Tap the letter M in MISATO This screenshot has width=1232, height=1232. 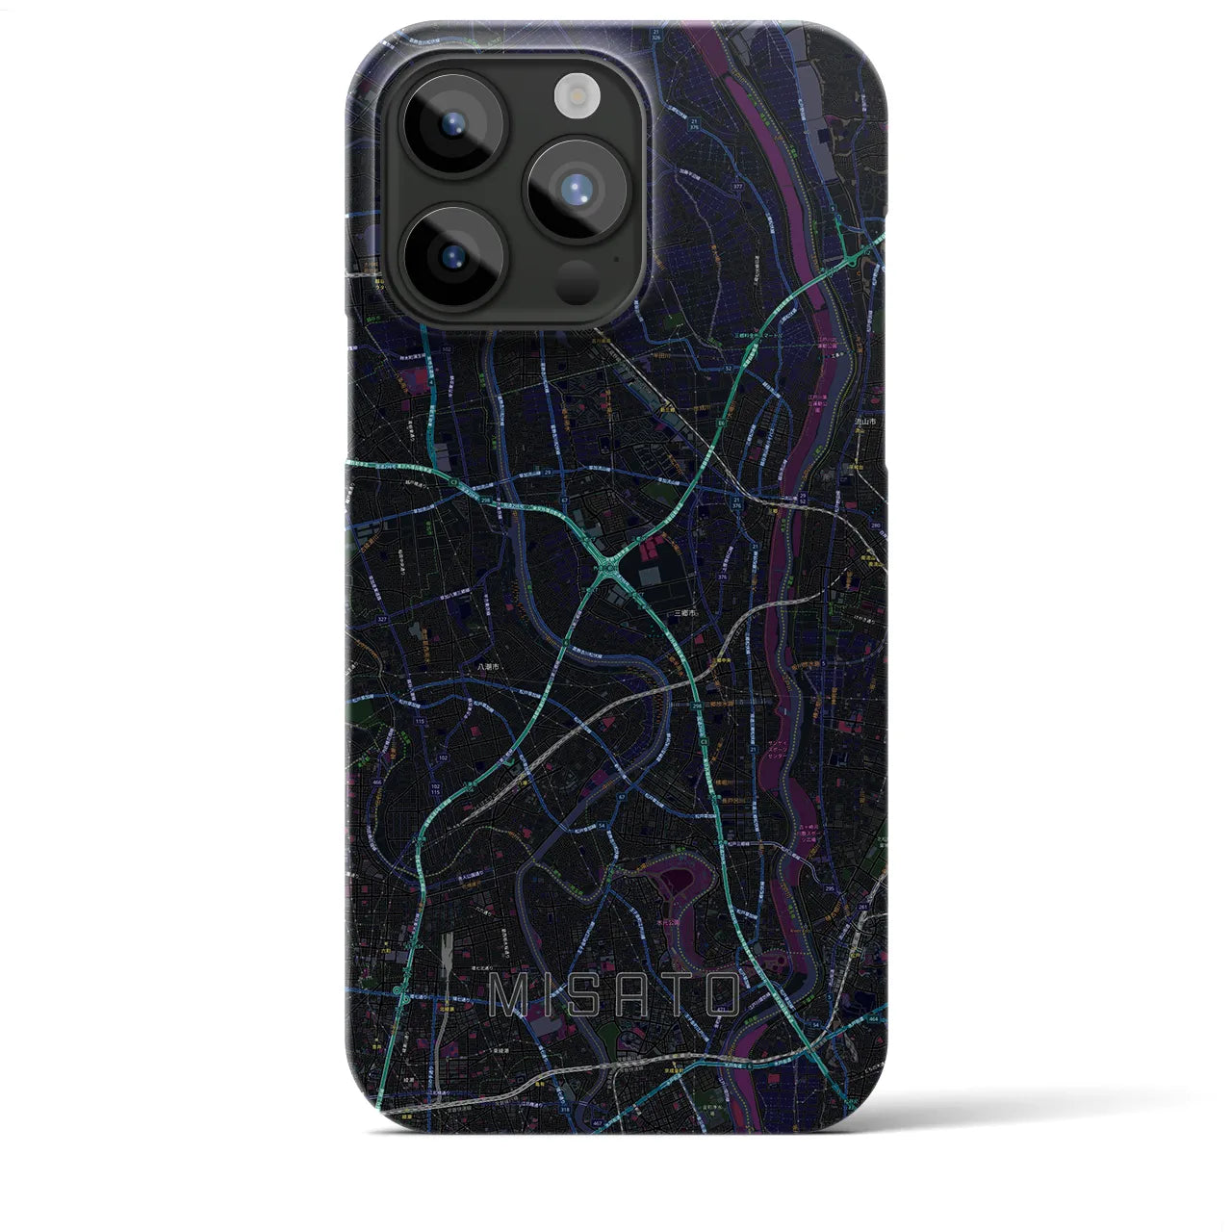pyautogui.click(x=509, y=996)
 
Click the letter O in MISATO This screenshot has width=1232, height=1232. pyautogui.click(x=722, y=996)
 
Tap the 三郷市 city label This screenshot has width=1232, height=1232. pyautogui.click(x=684, y=612)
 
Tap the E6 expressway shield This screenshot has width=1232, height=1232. pyautogui.click(x=721, y=422)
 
